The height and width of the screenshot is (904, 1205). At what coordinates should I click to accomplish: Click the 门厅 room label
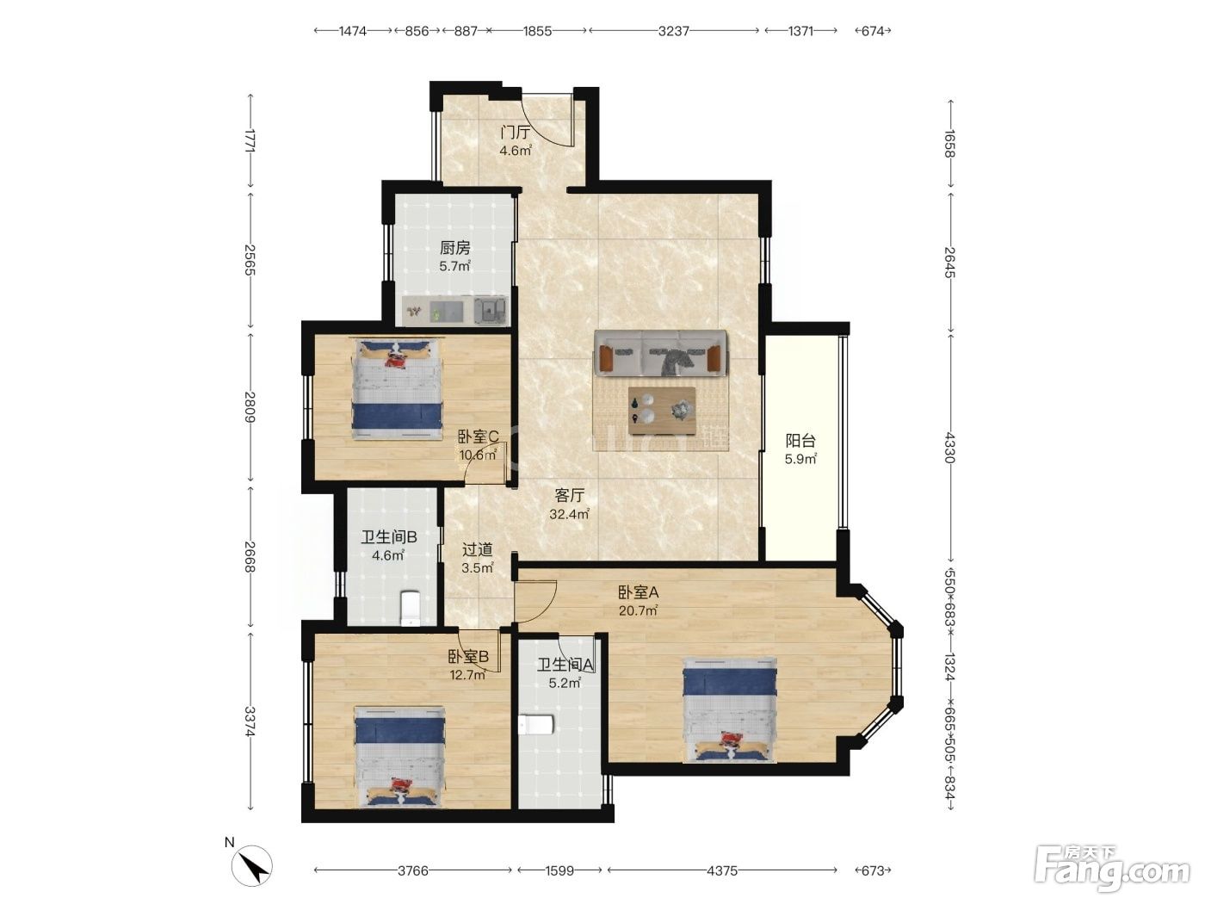coord(516,133)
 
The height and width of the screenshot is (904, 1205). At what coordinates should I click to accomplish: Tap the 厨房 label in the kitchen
coord(454,248)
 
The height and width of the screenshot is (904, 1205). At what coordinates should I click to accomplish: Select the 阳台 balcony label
coord(800,440)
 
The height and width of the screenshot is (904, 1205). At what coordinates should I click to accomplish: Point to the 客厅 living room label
coord(569,495)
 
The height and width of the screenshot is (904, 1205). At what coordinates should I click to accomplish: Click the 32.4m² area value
coord(569,514)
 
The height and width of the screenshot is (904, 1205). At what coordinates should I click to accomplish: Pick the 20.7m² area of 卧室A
coord(638,610)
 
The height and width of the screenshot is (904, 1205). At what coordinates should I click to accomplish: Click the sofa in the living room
coord(660,354)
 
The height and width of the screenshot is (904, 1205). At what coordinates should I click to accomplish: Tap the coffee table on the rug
coord(662,411)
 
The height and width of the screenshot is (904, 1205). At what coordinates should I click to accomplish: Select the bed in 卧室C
coord(397,389)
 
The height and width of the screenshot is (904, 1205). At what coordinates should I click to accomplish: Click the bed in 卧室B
coord(399,757)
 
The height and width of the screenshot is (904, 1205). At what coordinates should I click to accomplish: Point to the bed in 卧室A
coord(730,710)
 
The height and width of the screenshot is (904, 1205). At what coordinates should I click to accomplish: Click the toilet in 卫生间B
coord(410,608)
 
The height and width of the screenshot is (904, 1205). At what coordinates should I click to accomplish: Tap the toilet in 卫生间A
coord(536,725)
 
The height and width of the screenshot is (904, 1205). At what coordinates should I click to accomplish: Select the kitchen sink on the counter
coord(491,311)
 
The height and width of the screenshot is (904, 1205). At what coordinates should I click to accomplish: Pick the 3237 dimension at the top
coord(674,31)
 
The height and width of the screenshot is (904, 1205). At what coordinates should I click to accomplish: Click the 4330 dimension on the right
coord(949,448)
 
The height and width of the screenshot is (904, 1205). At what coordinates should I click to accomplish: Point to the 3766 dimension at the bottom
coord(412,870)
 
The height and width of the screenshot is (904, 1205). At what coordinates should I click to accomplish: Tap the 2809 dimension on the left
coord(250,406)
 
